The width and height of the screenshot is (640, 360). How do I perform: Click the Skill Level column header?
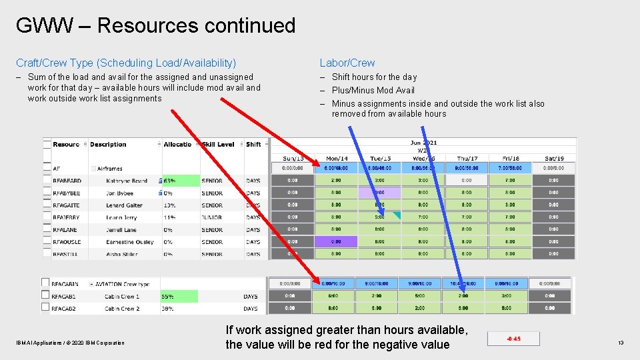(218, 144)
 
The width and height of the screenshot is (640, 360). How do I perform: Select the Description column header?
(108, 144)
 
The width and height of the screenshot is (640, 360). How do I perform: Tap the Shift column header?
(253, 144)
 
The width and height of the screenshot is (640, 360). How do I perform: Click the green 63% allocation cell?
(180, 181)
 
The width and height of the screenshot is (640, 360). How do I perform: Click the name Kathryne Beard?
(126, 181)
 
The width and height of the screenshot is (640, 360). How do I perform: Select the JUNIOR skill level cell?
(212, 217)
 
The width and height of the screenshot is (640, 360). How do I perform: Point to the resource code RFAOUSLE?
(67, 242)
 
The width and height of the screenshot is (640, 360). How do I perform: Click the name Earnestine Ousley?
(129, 242)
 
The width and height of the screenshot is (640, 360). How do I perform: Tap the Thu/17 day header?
(467, 158)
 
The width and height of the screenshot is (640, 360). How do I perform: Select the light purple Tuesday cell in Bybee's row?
(379, 193)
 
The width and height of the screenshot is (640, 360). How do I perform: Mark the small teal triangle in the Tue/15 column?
(397, 215)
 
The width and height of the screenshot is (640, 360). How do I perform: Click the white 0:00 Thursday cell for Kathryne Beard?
(467, 180)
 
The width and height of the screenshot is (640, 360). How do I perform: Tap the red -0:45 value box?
(513, 339)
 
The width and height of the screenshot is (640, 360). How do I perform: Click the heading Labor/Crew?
(347, 63)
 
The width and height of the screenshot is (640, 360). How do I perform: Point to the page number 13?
(620, 343)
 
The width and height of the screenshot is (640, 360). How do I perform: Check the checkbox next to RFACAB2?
(46, 307)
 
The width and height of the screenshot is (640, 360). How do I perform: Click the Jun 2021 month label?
(423, 143)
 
